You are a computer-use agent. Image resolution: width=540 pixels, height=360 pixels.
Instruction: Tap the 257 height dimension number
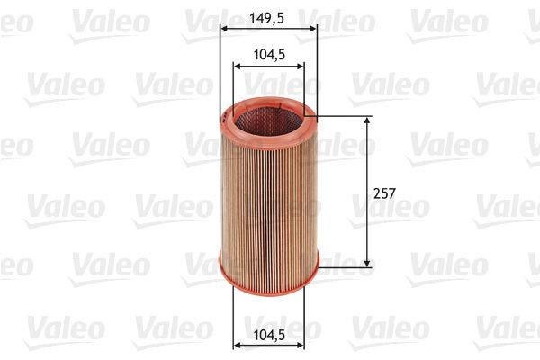click(385, 192)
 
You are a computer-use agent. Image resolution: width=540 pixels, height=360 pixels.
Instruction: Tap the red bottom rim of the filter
click(269, 272)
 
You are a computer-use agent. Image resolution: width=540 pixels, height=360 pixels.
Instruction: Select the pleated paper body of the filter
click(269, 198)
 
